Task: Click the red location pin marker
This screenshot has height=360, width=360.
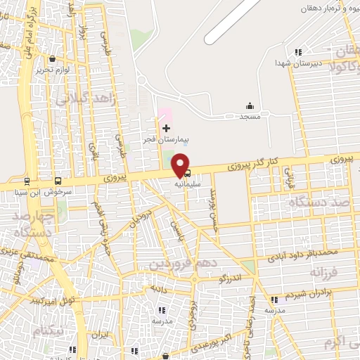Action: (x=181, y=165)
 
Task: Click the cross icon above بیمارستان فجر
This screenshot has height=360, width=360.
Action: (x=166, y=128)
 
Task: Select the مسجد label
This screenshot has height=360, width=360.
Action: (x=250, y=116)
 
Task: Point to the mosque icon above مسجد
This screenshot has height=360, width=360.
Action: (x=250, y=105)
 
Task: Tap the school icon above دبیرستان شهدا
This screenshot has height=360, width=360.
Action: (x=299, y=51)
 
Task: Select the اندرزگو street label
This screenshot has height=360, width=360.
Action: (x=230, y=278)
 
